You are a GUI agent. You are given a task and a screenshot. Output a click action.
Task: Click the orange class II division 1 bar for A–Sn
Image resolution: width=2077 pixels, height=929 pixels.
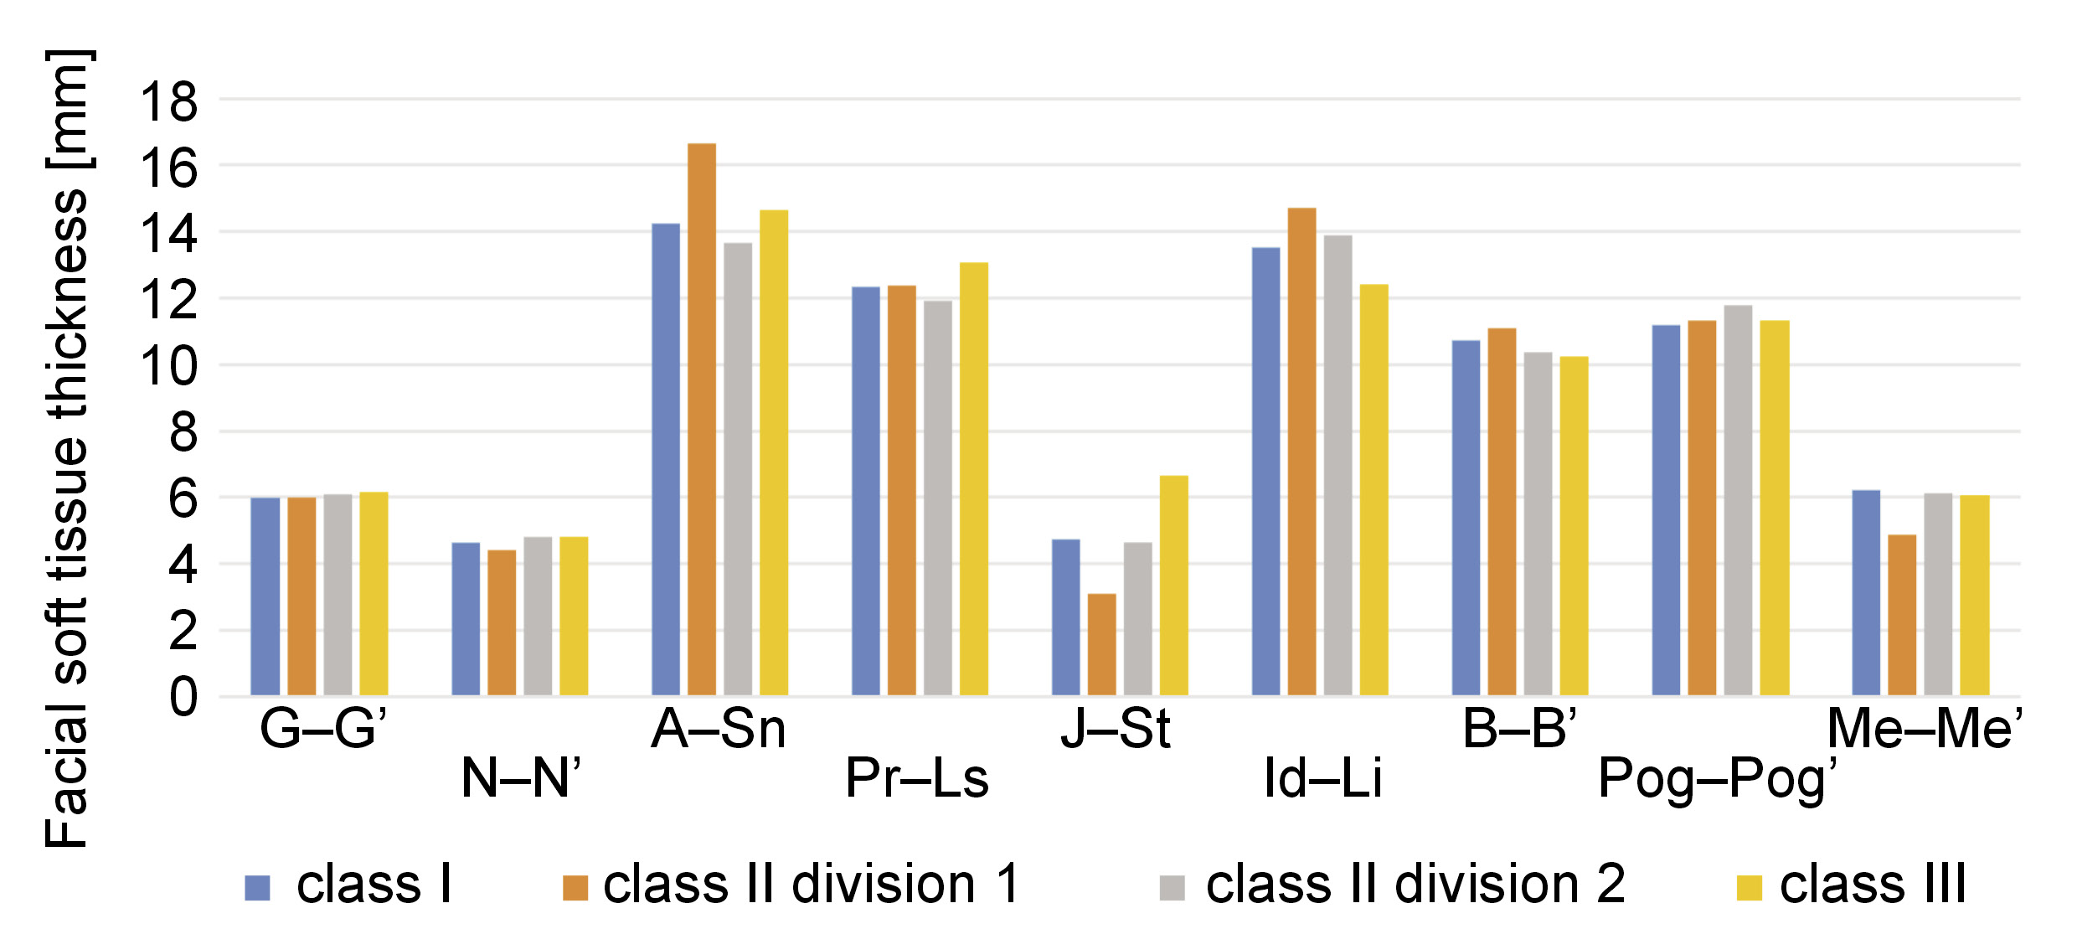702,419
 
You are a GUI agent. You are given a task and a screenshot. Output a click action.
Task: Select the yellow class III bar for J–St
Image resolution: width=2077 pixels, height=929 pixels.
1173,586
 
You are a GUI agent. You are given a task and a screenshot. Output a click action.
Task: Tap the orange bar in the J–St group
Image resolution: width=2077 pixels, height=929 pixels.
1101,644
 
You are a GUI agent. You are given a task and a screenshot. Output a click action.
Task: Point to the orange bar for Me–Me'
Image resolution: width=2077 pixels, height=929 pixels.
1902,615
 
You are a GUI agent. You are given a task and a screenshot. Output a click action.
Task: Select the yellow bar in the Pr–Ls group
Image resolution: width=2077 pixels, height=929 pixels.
974,478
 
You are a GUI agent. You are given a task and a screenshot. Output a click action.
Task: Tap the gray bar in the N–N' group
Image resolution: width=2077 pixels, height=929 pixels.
538,616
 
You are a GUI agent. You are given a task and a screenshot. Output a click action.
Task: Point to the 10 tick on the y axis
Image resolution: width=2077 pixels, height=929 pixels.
169,366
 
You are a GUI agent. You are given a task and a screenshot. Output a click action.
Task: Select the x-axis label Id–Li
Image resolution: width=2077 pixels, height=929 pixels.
1322,779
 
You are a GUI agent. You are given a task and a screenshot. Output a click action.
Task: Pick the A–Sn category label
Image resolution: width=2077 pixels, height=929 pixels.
719,729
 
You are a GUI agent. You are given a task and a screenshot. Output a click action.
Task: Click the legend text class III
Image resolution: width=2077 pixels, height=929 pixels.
1873,885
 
